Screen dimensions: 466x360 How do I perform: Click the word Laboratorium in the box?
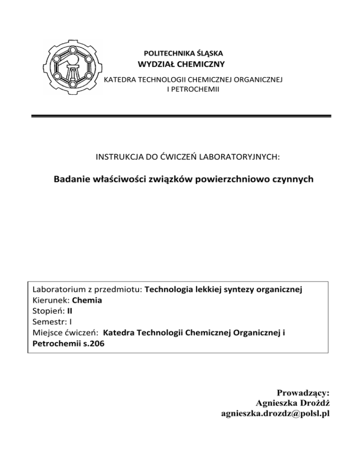click(59, 290)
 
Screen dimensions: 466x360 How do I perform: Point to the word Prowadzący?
click(304, 392)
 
